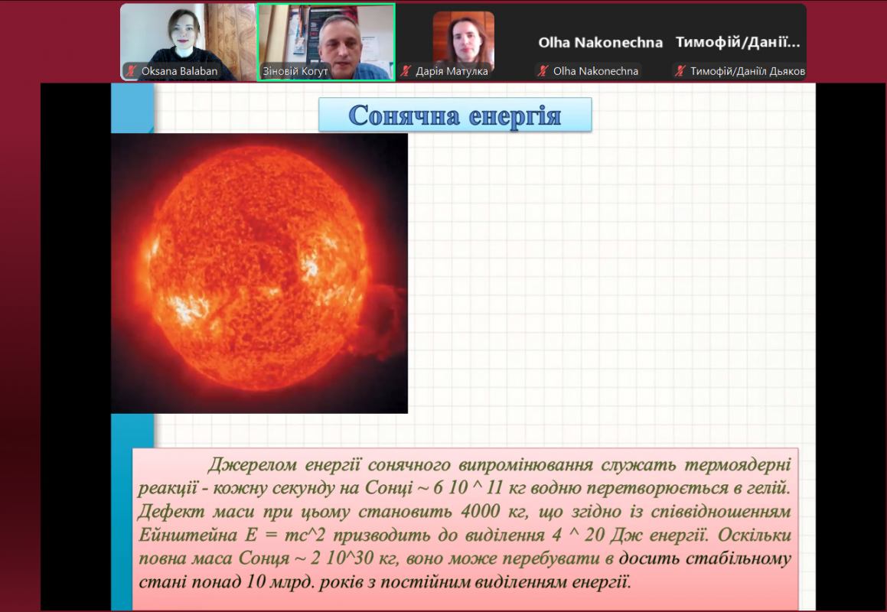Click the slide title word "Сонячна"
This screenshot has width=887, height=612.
click(x=404, y=116)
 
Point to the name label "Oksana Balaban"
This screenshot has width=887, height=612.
click(x=179, y=71)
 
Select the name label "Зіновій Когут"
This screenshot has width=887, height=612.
click(x=295, y=71)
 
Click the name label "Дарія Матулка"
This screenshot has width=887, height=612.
click(x=452, y=71)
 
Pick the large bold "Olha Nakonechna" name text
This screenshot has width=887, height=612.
click(x=600, y=42)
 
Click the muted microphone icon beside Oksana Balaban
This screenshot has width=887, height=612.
click(x=132, y=71)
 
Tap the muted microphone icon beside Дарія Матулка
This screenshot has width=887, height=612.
click(x=406, y=71)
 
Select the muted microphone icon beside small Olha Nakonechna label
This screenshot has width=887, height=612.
click(x=543, y=71)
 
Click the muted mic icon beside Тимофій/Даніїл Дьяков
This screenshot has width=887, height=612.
click(x=680, y=71)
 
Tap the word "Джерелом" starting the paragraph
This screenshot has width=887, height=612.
click(x=253, y=465)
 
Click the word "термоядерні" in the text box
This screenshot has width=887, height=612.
click(x=738, y=465)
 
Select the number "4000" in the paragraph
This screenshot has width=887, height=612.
click(x=481, y=511)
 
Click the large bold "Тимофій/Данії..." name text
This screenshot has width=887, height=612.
click(x=738, y=42)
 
